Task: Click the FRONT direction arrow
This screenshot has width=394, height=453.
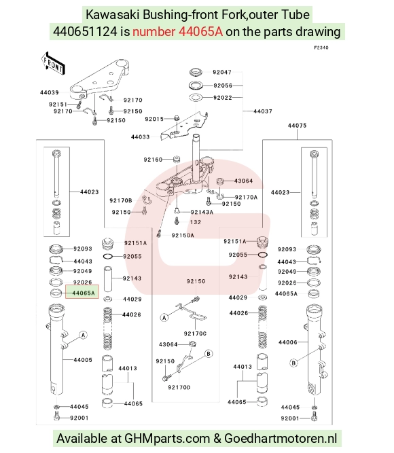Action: pyautogui.click(x=53, y=63)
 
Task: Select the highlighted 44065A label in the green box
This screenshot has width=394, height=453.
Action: pyautogui.click(x=84, y=293)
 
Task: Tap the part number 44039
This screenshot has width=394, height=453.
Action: pyautogui.click(x=49, y=92)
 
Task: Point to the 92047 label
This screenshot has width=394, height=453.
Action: pyautogui.click(x=222, y=72)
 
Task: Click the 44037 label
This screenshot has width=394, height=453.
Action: pyautogui.click(x=263, y=111)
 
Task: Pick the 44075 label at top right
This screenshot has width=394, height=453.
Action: pyautogui.click(x=297, y=126)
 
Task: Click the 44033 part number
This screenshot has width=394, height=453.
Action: pyautogui.click(x=140, y=137)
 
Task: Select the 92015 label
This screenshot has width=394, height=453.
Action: pyautogui.click(x=154, y=119)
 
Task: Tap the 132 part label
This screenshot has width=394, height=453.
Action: pyautogui.click(x=196, y=222)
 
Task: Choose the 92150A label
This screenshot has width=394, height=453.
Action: pyautogui.click(x=183, y=235)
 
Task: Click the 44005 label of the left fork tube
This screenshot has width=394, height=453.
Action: pyautogui.click(x=83, y=360)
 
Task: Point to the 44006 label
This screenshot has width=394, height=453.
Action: pyautogui.click(x=287, y=342)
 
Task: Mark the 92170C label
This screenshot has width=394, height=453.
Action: pyautogui.click(x=195, y=333)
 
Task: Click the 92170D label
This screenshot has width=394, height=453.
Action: pyautogui.click(x=179, y=387)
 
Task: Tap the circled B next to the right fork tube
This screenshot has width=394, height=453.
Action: pyautogui.click(x=293, y=363)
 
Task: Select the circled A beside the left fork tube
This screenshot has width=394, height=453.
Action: pyautogui.click(x=84, y=335)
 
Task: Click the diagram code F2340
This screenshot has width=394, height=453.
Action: pyautogui.click(x=321, y=48)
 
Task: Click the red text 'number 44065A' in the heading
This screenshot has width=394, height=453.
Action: pyautogui.click(x=177, y=31)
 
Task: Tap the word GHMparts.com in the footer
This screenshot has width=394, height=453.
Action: pyautogui.click(x=167, y=438)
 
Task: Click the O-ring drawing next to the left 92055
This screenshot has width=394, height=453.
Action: pyautogui.click(x=109, y=256)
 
